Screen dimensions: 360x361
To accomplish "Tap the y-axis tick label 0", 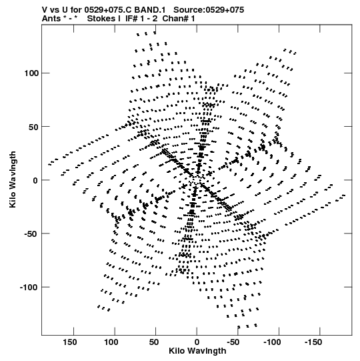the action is click(35, 180).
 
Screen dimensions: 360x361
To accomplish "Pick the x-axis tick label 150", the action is click(70, 342).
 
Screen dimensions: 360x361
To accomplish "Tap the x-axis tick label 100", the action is click(111, 342).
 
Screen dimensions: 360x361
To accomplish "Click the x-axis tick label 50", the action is click(154, 342).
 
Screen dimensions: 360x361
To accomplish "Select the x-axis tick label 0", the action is click(197, 342).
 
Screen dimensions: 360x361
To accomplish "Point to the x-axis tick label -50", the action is click(233, 342).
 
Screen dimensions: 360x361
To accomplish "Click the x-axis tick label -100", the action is click(272, 342).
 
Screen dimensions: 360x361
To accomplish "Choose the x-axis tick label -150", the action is click(313, 342).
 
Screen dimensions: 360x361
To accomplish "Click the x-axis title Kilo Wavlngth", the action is click(197, 351).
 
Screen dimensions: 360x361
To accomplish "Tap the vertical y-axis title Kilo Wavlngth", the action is click(13, 179).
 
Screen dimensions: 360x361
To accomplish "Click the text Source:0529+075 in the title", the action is click(209, 10).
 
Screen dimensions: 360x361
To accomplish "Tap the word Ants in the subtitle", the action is click(51, 19).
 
